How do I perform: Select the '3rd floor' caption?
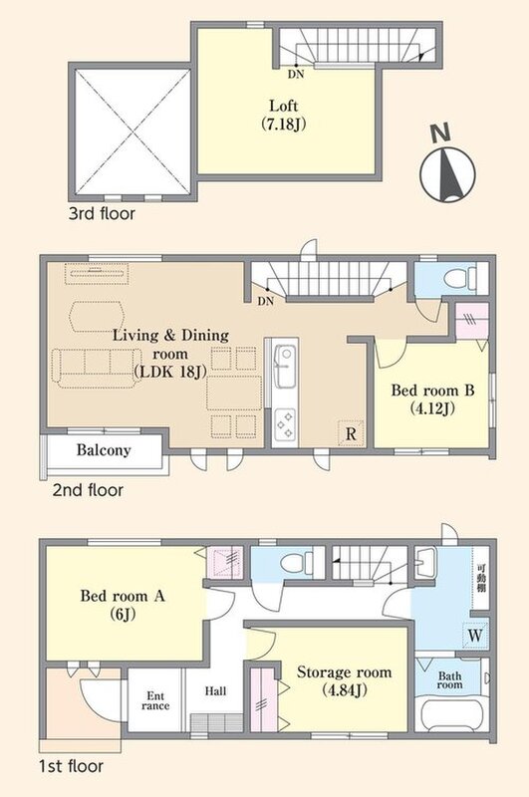point(102,213)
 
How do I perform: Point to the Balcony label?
point(104,450)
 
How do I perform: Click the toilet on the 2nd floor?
point(457,279)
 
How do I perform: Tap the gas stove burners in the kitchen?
point(285,424)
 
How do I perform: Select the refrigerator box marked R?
point(351,433)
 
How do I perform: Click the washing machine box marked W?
point(475,636)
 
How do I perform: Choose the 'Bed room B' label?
point(432,398)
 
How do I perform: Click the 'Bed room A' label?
point(123,605)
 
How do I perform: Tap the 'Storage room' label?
point(344,680)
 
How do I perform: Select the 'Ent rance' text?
point(155,701)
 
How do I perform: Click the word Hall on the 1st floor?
point(216,690)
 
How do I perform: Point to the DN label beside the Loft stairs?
point(296,74)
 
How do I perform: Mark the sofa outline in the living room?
point(96,368)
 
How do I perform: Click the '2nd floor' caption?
point(88,490)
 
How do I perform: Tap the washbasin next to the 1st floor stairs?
point(424,563)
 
